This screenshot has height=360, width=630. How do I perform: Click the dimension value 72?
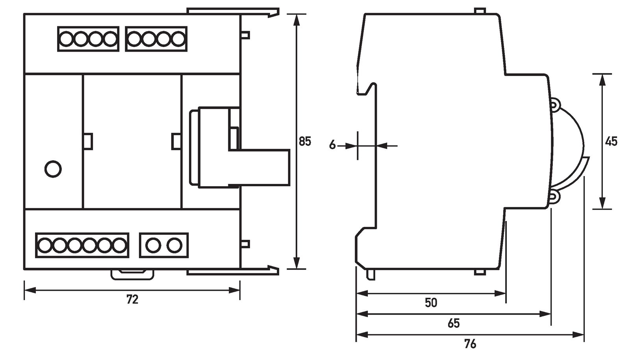tap(132, 300)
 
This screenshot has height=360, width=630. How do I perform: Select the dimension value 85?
tap(305, 141)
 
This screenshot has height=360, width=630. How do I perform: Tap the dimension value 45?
tap(611, 141)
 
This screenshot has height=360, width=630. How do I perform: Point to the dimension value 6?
tap(332, 145)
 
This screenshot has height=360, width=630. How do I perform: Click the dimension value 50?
tap(431, 302)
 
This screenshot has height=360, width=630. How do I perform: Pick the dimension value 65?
tap(454, 323)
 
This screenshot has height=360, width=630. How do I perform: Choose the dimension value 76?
tap(470, 344)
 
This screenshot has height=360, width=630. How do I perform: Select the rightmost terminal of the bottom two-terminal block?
tap(174, 245)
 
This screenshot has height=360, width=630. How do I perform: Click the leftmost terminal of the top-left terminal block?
tap(66, 39)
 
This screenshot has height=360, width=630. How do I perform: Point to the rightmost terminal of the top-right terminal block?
tap(178, 39)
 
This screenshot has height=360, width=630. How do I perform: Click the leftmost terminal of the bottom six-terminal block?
tap(44, 245)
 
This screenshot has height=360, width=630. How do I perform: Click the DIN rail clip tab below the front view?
tap(132, 275)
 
